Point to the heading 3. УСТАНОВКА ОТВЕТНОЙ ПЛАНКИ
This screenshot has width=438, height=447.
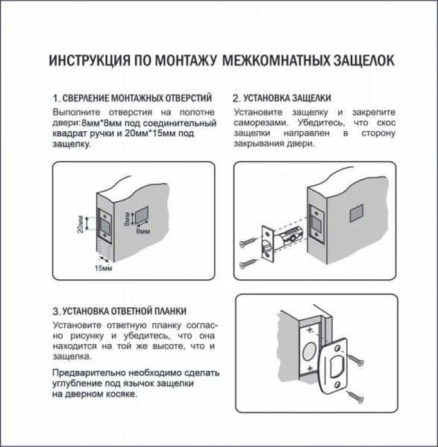(119, 311)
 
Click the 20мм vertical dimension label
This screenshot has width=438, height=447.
(81, 223)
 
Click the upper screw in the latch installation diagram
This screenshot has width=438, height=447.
(248, 243)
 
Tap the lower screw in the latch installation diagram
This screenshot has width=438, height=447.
(248, 264)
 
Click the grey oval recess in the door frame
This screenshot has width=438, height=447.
(310, 350)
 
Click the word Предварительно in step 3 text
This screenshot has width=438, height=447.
(89, 372)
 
